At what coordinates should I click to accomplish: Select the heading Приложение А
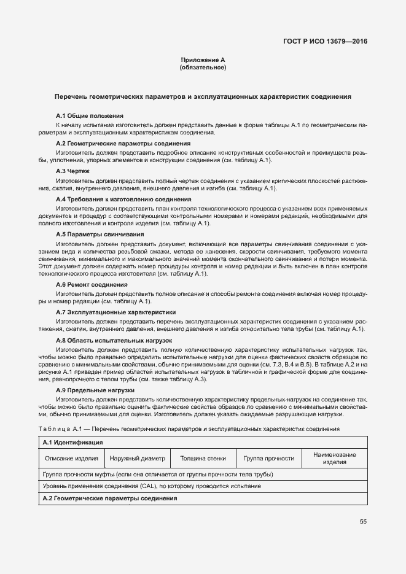pyautogui.click(x=203, y=60)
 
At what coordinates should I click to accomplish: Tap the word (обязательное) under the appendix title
pyautogui.click(x=203, y=67)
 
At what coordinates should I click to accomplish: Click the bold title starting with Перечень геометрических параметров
pyautogui.click(x=203, y=97)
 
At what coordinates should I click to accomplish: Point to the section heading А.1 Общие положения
pyautogui.click(x=90, y=115)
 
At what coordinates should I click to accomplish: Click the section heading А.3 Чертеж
pyautogui.click(x=72, y=171)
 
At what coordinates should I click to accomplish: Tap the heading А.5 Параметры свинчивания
pyautogui.click(x=96, y=235)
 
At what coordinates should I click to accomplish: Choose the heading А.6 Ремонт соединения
pyautogui.click(x=92, y=284)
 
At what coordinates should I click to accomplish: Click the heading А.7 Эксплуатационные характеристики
pyautogui.click(x=115, y=312)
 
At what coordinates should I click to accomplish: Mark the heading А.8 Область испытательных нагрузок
pyautogui.click(x=114, y=339)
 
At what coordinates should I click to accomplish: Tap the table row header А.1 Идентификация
pyautogui.click(x=72, y=442)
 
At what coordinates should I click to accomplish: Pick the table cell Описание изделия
pyautogui.click(x=71, y=458)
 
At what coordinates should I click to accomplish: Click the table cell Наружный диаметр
pyautogui.click(x=138, y=458)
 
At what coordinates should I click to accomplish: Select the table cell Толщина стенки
pyautogui.click(x=203, y=458)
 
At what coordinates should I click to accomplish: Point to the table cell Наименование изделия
pyautogui.click(x=334, y=458)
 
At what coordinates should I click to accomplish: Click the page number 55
pyautogui.click(x=363, y=521)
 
